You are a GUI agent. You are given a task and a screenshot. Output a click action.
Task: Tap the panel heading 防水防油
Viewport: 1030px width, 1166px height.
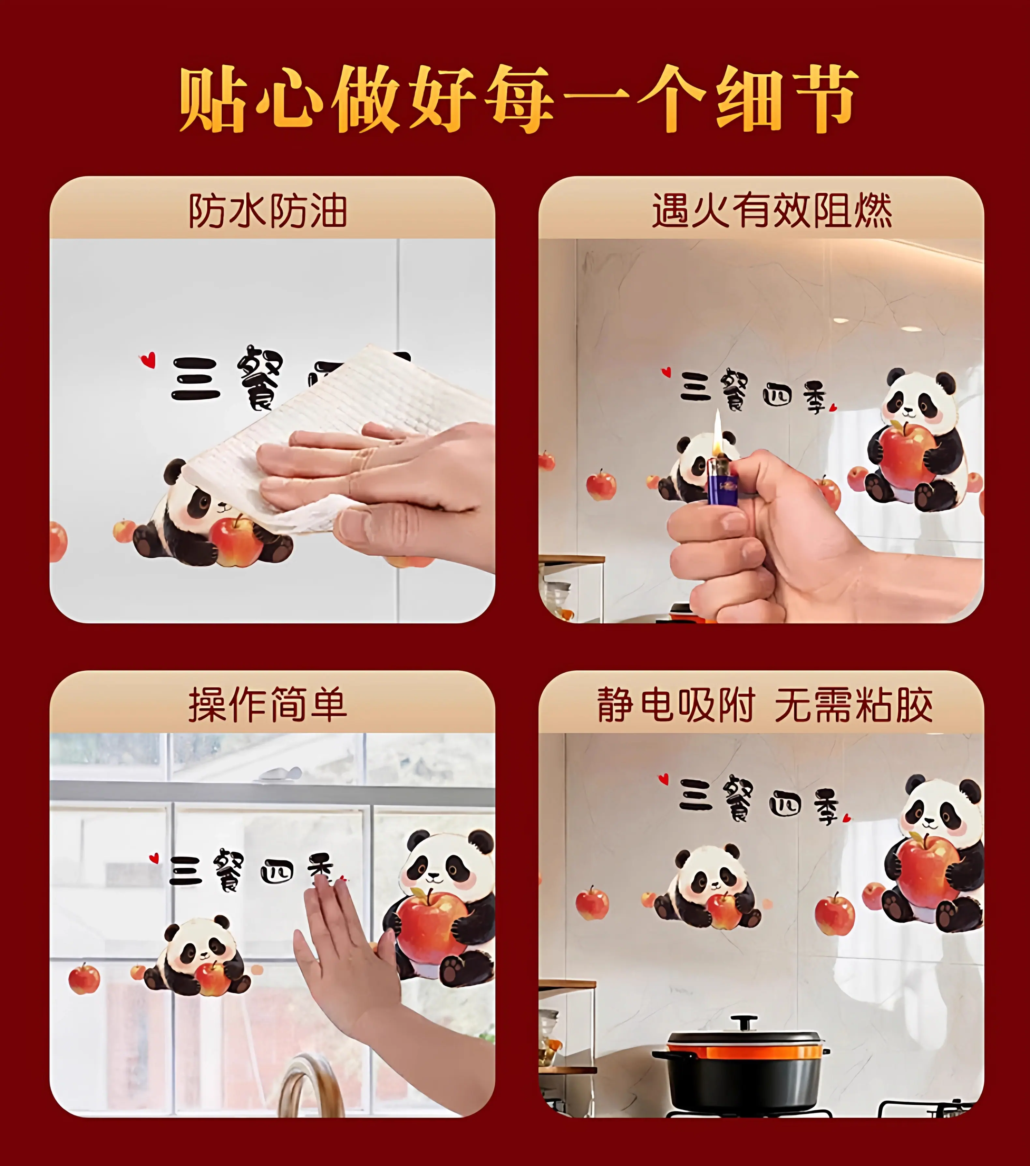tap(268, 211)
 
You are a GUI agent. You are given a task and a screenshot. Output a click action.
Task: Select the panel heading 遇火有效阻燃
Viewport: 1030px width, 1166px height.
tap(772, 211)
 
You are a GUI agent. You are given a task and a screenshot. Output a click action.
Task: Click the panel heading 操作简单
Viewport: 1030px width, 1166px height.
tap(268, 705)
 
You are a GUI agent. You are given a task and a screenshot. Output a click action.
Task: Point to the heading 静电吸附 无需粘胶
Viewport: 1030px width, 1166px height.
tap(765, 705)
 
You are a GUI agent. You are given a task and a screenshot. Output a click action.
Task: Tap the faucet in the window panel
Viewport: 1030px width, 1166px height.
tap(311, 1087)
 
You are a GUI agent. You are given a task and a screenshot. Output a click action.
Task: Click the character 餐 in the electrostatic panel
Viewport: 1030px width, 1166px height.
tap(739, 800)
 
